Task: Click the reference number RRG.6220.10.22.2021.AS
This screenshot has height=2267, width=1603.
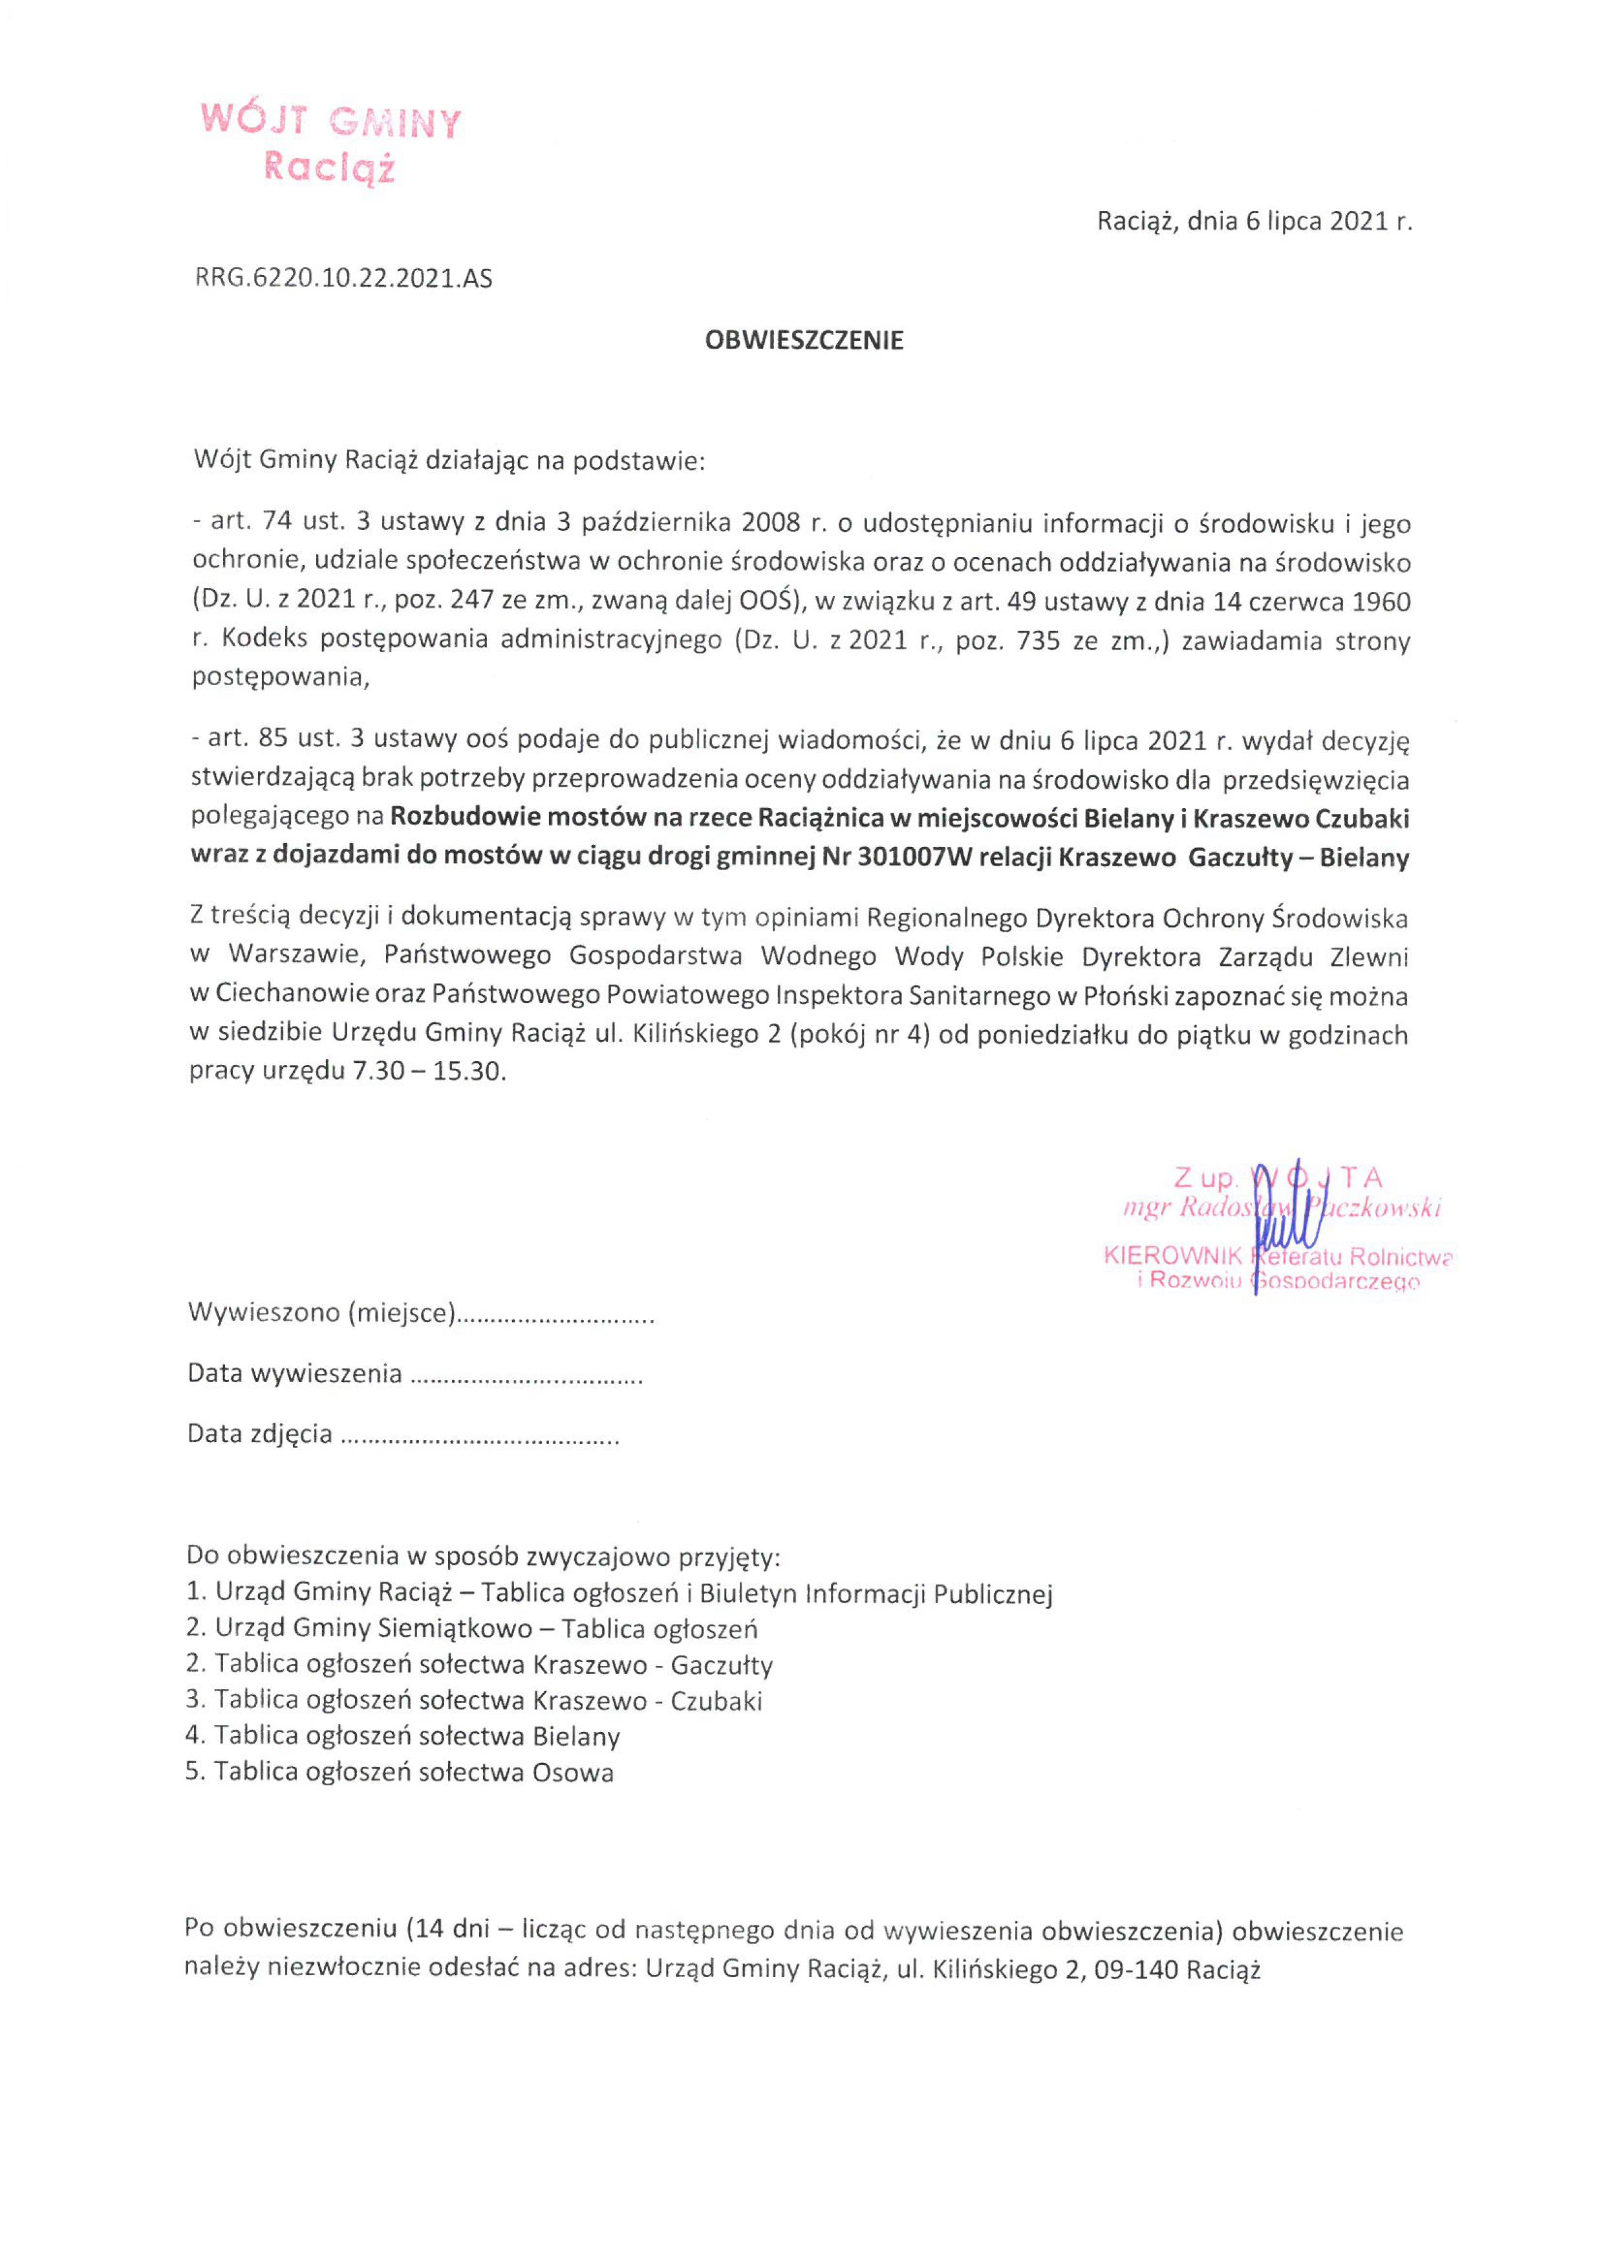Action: pos(343,278)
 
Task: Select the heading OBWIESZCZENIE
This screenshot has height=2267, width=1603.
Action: pos(804,341)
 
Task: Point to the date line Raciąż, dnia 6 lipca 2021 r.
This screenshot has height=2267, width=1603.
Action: pos(1254,221)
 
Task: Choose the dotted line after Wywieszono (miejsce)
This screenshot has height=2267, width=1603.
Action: pos(557,1316)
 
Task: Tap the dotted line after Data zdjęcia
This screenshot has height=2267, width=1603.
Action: pos(480,1434)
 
